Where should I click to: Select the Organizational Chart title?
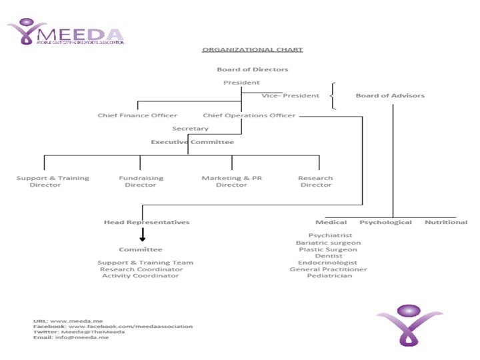pos(252,49)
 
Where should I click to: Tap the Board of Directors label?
pos(252,69)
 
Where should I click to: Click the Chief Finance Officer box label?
pos(137,115)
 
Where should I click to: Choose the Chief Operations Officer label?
pos(249,115)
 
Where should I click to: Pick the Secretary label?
pos(190,129)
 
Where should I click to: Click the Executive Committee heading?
pos(192,142)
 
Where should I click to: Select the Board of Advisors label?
pos(390,95)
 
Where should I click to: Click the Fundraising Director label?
pos(141,181)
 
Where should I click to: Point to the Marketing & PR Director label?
pos(231,181)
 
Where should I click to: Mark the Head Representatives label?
pos(147,222)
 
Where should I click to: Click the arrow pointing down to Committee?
pos(142,235)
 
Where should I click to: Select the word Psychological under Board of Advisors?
pos(385,222)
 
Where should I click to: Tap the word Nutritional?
pos(446,222)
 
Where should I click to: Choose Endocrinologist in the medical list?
pos(328,263)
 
